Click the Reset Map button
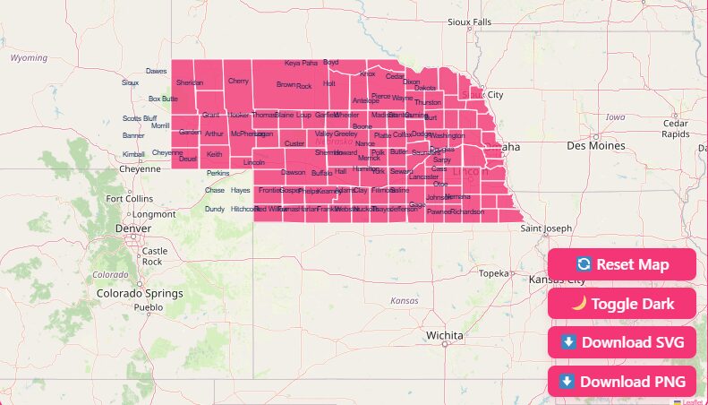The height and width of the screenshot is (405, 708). point(622,264)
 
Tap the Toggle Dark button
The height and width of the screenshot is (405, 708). point(622,304)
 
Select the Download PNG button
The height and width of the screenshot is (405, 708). point(622,382)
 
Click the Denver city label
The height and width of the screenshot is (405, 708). point(133,228)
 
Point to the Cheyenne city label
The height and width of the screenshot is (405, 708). point(140,168)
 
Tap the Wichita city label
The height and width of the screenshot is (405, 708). point(445,335)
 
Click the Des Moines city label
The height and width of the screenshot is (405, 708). point(595,145)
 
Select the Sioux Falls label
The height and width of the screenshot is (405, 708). point(470,22)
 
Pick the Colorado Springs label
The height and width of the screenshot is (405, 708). point(140,293)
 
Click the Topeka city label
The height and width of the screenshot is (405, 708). point(493,273)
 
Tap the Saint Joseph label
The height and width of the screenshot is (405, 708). point(546,228)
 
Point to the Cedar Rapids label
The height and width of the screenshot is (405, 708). point(676,128)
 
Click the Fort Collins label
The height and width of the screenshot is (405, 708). point(130,199)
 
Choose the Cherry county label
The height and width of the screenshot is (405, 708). point(238,82)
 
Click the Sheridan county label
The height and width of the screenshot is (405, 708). point(190,83)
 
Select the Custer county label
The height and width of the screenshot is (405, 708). point(294,143)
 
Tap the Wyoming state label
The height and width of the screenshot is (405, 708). point(29,57)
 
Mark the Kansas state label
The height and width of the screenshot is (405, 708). point(405,301)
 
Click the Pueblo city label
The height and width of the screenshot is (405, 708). point(149,307)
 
